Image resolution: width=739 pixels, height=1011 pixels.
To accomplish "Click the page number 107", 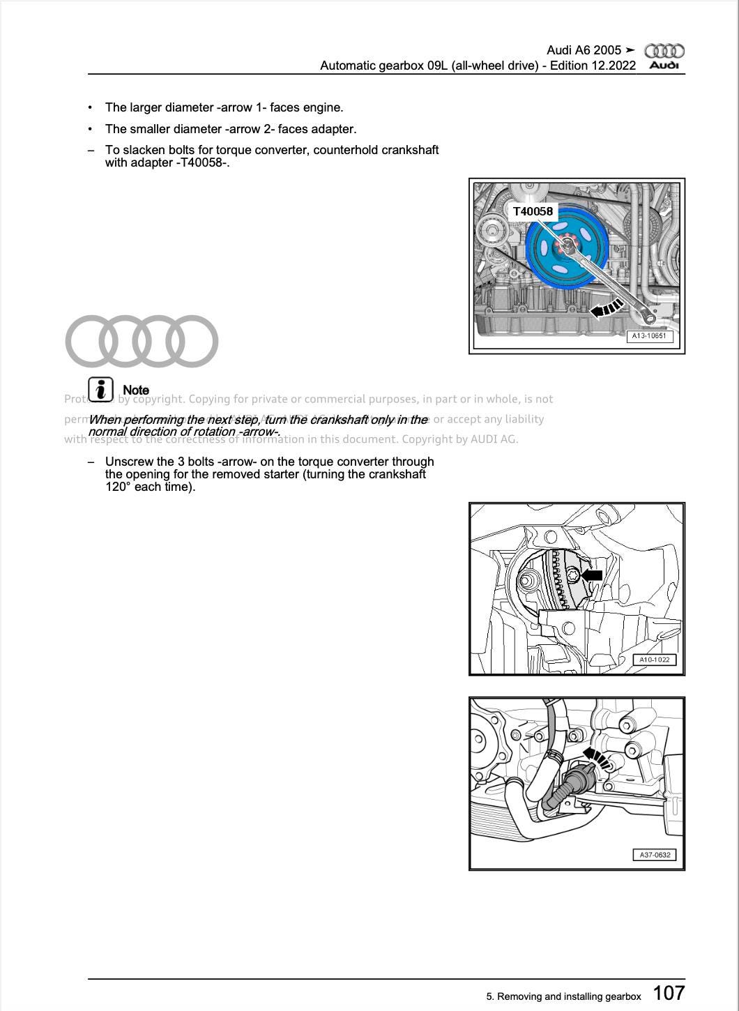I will pyautogui.click(x=669, y=993).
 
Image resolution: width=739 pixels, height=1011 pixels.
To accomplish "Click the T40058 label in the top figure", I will pyautogui.click(x=533, y=211).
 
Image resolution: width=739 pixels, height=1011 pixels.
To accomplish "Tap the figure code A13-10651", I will pyautogui.click(x=648, y=336).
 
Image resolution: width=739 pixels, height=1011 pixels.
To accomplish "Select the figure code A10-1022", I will pyautogui.click(x=654, y=660).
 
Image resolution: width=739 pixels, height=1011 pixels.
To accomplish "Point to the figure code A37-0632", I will pyautogui.click(x=654, y=855).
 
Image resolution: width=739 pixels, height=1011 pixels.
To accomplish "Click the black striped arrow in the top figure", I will pyautogui.click(x=606, y=307).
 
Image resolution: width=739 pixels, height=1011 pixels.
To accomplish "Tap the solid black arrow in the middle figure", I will pyautogui.click(x=592, y=575).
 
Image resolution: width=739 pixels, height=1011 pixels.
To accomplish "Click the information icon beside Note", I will pyautogui.click(x=101, y=389).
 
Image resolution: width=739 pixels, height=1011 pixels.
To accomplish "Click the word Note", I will pyautogui.click(x=136, y=390).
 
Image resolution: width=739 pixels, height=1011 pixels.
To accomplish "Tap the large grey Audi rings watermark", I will pyautogui.click(x=142, y=341).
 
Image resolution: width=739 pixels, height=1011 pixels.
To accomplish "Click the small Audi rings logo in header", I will pyautogui.click(x=664, y=51).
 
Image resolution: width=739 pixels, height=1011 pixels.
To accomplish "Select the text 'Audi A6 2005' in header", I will pyautogui.click(x=584, y=50).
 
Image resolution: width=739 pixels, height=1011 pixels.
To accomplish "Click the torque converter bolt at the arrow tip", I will pyautogui.click(x=572, y=575).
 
